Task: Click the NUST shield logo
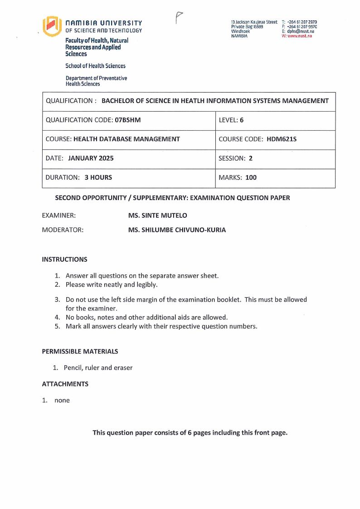pyautogui.click(x=51, y=26)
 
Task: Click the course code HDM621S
pyautogui.click(x=282, y=139)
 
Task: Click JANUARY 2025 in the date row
pyautogui.click(x=91, y=158)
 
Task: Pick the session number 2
pyautogui.click(x=250, y=158)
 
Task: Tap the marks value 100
pyautogui.click(x=251, y=177)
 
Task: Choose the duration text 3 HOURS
pyautogui.click(x=98, y=177)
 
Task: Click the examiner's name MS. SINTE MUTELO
pyautogui.click(x=157, y=215)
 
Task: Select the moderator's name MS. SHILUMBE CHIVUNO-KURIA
pyautogui.click(x=177, y=230)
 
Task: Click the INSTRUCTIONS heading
pyautogui.click(x=64, y=259)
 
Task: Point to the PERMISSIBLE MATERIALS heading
pyautogui.click(x=80, y=351)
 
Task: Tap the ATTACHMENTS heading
pyautogui.click(x=65, y=384)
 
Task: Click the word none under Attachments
pyautogui.click(x=62, y=400)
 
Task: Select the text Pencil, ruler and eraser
pyautogui.click(x=98, y=367)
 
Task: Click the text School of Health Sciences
pyautogui.click(x=95, y=66)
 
